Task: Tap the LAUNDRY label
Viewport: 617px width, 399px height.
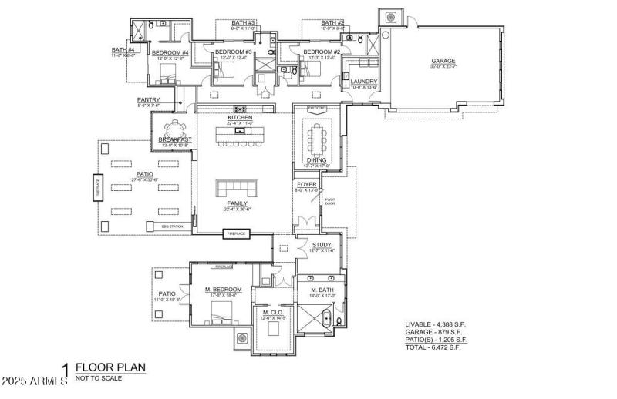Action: [363, 82]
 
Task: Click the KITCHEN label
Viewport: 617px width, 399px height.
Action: [240, 117]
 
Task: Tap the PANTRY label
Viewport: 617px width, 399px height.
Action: [148, 99]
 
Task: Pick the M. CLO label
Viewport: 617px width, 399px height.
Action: [273, 312]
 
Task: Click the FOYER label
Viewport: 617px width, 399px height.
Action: [307, 185]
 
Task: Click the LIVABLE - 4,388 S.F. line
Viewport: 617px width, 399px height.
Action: [437, 324]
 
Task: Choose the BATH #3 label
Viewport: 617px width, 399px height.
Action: [244, 23]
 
